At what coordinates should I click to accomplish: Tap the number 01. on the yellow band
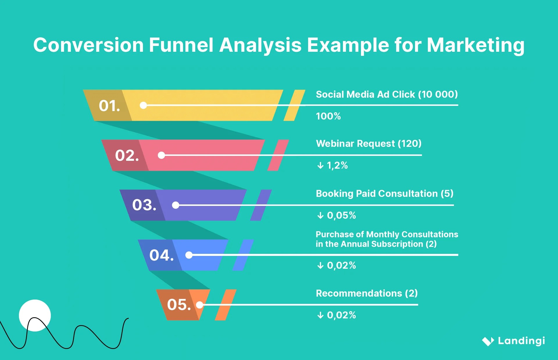pos(109,106)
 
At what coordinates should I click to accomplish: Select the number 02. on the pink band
pos(127,155)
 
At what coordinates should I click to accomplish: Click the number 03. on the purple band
pos(144,205)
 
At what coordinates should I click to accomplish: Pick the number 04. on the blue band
pos(162,255)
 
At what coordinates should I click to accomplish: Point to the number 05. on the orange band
pos(179,305)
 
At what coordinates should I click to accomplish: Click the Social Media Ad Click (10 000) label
pos(387,95)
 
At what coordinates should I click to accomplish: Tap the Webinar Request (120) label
pos(369,144)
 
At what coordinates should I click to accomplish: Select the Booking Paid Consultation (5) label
pos(384,194)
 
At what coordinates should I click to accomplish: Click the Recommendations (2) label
pos(366,293)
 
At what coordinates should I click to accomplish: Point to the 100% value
pos(328,116)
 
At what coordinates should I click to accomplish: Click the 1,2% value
pos(337,165)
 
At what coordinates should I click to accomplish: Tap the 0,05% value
pos(341,215)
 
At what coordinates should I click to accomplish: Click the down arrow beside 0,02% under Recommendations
pos(320,315)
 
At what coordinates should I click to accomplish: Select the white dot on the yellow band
pos(143,105)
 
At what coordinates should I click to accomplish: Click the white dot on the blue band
pos(189,255)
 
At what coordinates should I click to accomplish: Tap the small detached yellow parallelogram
pos(294,105)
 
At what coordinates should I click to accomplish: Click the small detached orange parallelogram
pos(226,305)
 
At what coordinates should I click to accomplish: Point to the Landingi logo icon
pos(488,341)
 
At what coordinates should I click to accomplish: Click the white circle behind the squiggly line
pos(35,311)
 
